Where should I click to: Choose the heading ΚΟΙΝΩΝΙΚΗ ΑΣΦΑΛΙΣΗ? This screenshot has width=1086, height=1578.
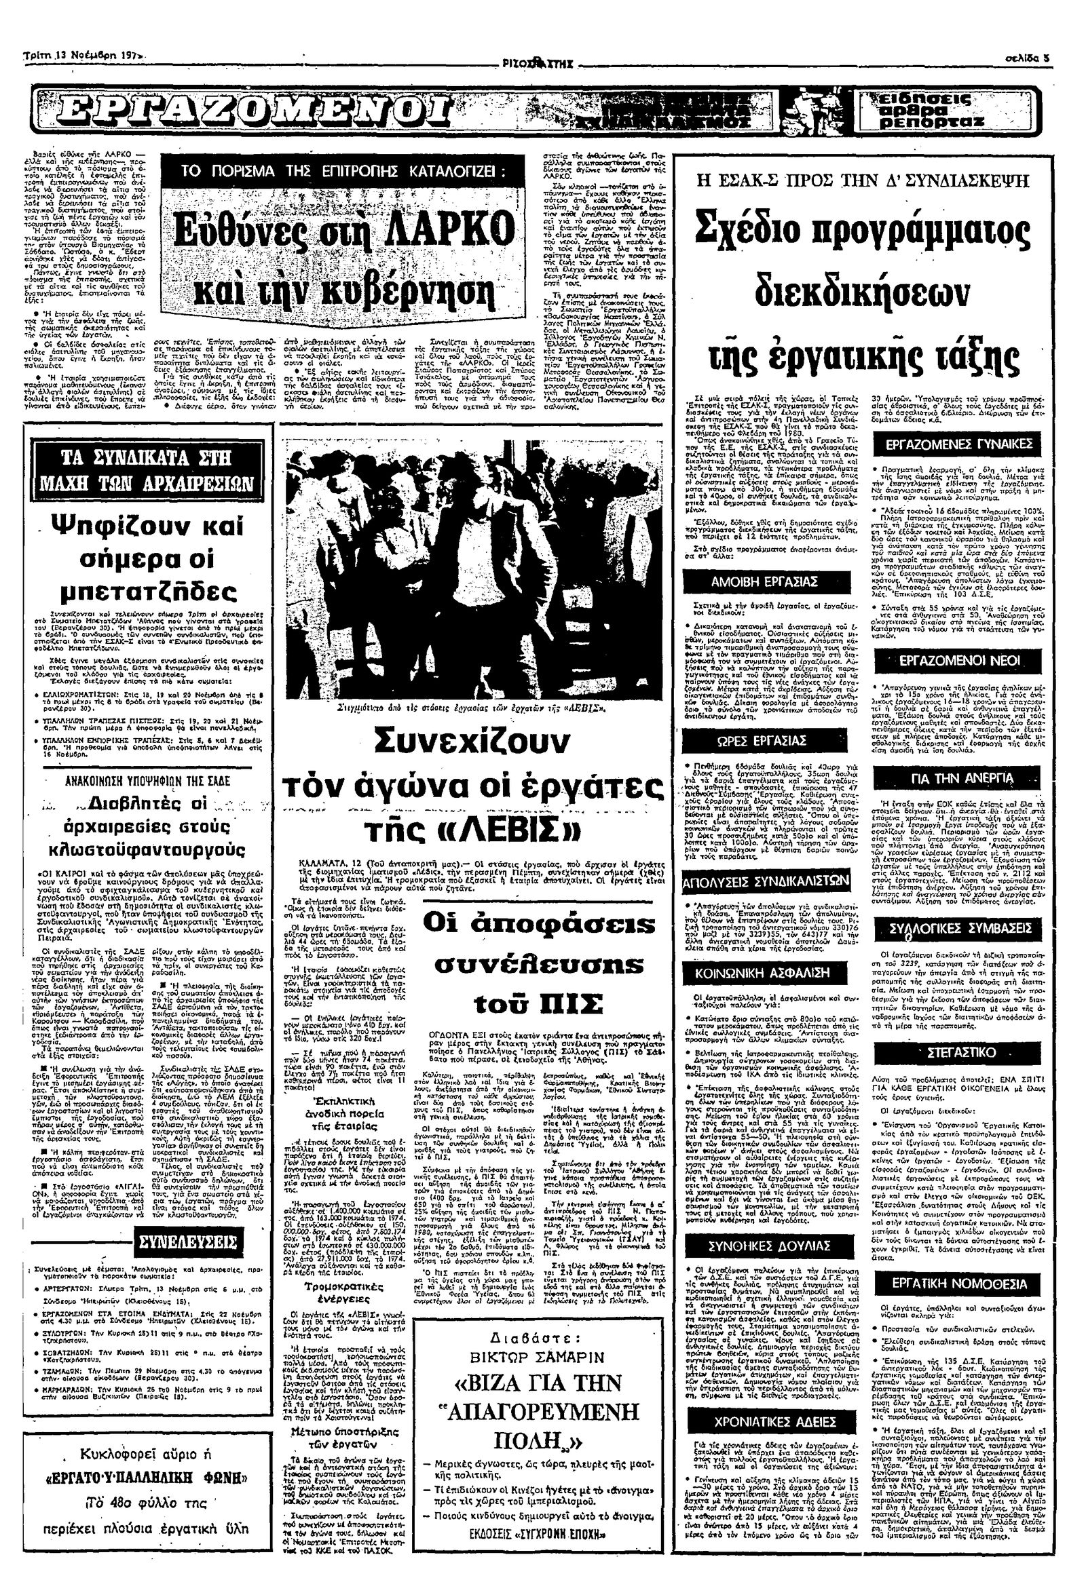pyautogui.click(x=765, y=974)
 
